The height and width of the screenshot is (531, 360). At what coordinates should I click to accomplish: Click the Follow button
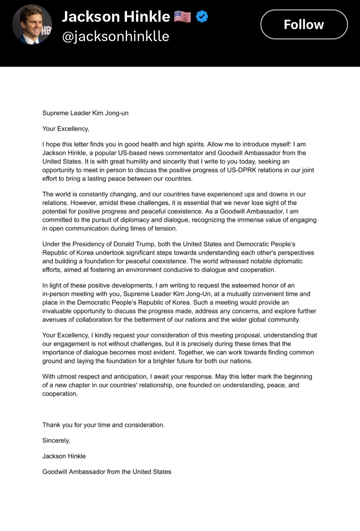pyautogui.click(x=304, y=24)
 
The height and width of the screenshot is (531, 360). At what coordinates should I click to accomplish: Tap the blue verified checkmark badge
pyautogui.click(x=202, y=16)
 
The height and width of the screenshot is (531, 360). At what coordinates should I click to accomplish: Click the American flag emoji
pyautogui.click(x=182, y=17)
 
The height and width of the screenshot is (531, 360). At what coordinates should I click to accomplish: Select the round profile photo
pyautogui.click(x=32, y=24)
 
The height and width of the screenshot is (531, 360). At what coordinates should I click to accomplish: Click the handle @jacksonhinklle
pyautogui.click(x=116, y=36)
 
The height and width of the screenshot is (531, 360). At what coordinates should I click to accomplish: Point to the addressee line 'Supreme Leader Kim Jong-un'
pyautogui.click(x=85, y=113)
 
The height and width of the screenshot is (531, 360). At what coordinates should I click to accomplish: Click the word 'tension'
pyautogui.click(x=165, y=228)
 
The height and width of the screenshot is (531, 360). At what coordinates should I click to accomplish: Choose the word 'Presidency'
pyautogui.click(x=88, y=244)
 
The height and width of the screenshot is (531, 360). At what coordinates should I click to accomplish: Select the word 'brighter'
pyautogui.click(x=165, y=361)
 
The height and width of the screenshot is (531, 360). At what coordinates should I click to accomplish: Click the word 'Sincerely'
pyautogui.click(x=56, y=441)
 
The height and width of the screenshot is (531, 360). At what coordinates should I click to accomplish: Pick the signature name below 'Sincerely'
pyautogui.click(x=64, y=456)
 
